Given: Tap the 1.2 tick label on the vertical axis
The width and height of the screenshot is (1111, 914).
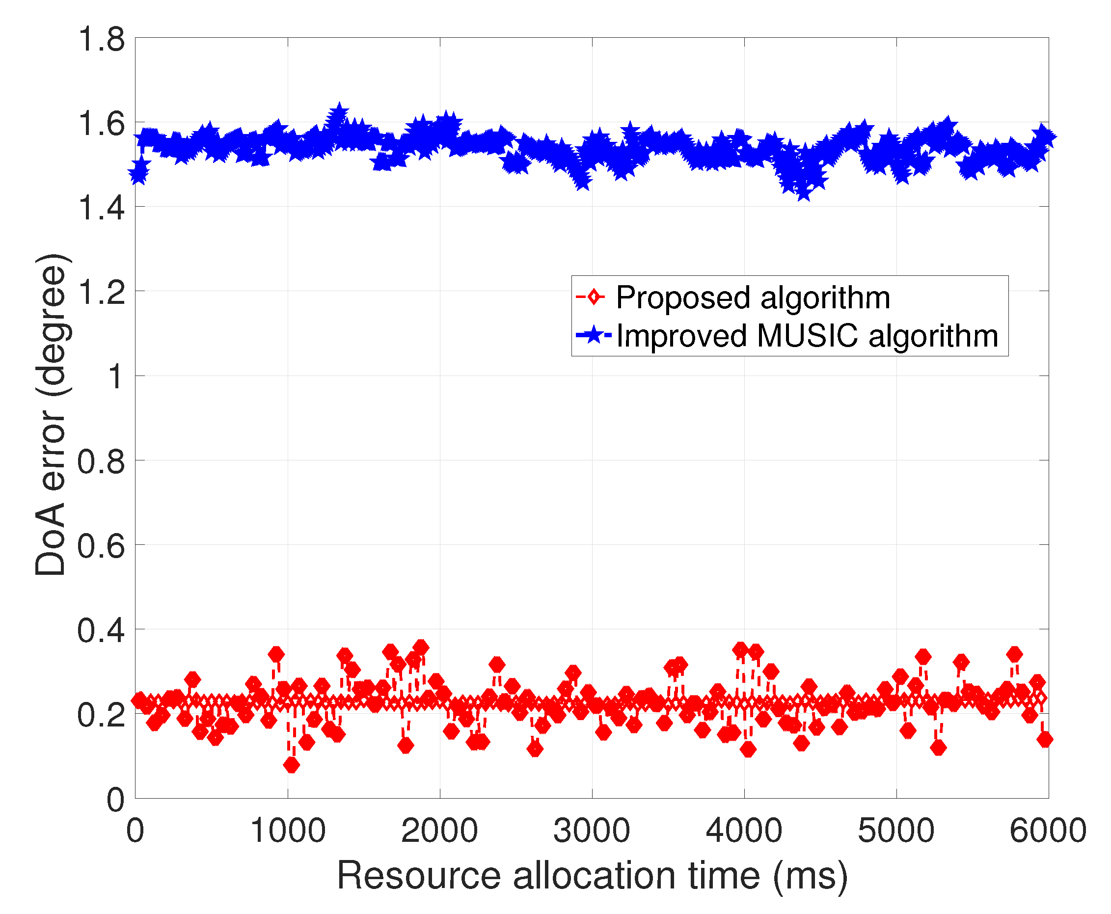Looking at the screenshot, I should (x=101, y=292).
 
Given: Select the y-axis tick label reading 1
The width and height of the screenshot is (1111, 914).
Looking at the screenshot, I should (x=116, y=377).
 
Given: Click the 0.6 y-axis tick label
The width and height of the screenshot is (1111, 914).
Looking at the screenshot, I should (x=101, y=546).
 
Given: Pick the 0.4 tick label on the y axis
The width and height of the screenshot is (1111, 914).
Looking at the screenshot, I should (x=101, y=630).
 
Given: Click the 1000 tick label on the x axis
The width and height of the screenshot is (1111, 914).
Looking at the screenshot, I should (x=288, y=831).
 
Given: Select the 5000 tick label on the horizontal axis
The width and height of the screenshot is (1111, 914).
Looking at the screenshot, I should (x=895, y=831).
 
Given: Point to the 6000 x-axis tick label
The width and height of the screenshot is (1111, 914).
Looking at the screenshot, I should (x=1047, y=831).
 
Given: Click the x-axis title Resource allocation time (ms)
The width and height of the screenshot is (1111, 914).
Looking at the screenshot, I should (x=592, y=876).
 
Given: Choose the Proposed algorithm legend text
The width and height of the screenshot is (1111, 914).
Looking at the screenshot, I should (x=753, y=297).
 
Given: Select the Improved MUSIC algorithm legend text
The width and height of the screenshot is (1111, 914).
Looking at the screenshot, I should (x=807, y=335).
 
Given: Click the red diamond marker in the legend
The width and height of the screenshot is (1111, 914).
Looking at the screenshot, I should (x=594, y=297).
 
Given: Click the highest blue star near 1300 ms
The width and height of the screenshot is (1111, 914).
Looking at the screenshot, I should (x=339, y=113).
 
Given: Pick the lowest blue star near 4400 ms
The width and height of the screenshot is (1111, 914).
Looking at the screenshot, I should (x=803, y=191).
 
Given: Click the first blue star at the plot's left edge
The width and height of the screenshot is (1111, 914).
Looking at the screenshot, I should (x=138, y=174).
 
